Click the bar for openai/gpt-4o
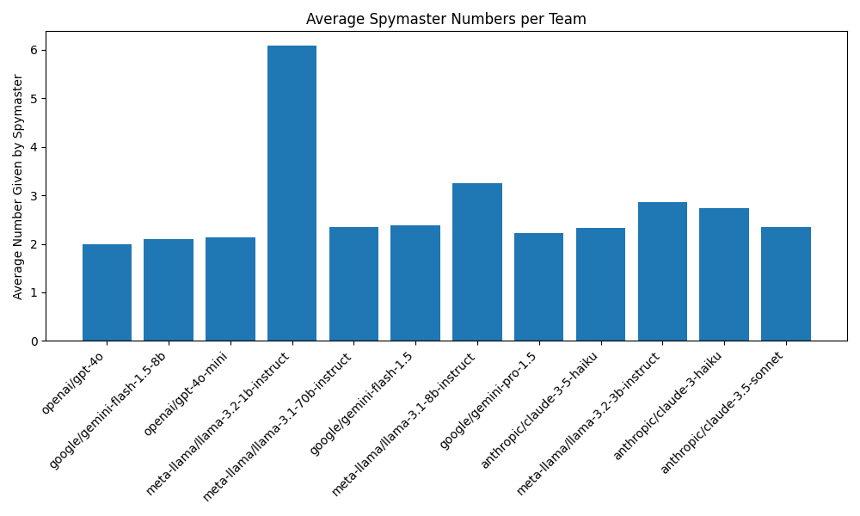tap(107, 292)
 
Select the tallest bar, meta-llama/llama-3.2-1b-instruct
tap(292, 193)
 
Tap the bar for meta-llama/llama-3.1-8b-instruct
tap(477, 262)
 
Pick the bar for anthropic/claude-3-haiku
tap(724, 274)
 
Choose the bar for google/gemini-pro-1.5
tap(538, 287)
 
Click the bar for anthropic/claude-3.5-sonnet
tap(786, 284)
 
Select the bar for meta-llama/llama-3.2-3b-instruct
tap(662, 272)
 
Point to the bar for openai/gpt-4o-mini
tap(230, 289)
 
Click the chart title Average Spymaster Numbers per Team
tap(446, 19)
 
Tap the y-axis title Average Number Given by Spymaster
tap(18, 187)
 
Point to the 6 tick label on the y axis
tap(34, 50)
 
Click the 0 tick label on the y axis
tap(34, 341)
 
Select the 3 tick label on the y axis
tap(34, 196)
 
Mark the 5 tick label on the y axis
tap(34, 99)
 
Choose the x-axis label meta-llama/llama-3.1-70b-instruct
tap(279, 424)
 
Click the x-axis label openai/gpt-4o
tap(74, 381)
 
